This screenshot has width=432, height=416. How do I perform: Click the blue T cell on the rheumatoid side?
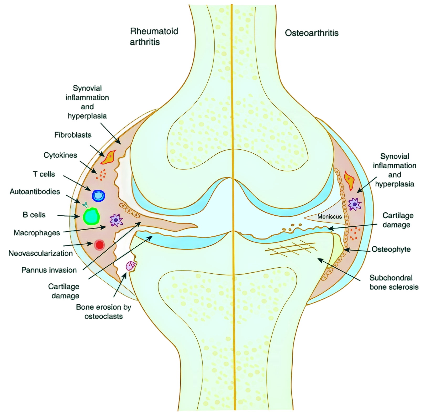coord(98,196)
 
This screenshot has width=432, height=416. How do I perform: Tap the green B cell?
coord(91,217)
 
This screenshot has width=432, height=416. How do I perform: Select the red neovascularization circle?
coord(99,245)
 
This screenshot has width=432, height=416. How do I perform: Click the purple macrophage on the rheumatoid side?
coord(116,220)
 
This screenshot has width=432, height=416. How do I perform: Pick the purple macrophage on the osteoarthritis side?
coord(355,204)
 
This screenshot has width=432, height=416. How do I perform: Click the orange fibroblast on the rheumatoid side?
coord(109,157)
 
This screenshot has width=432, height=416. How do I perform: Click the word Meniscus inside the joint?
coord(330,217)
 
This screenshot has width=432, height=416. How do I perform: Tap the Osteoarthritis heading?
coord(312,33)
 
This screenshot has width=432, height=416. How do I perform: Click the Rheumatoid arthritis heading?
coord(154,37)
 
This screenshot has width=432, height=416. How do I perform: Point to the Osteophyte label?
coord(391,249)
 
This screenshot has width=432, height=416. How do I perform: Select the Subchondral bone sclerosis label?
coord(394,282)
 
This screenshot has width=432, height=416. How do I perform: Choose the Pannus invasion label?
coord(49,270)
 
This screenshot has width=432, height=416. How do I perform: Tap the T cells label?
coord(44,174)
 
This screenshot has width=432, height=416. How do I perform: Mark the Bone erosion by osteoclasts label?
coord(103,312)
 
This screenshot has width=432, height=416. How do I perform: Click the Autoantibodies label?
coord(35,192)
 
